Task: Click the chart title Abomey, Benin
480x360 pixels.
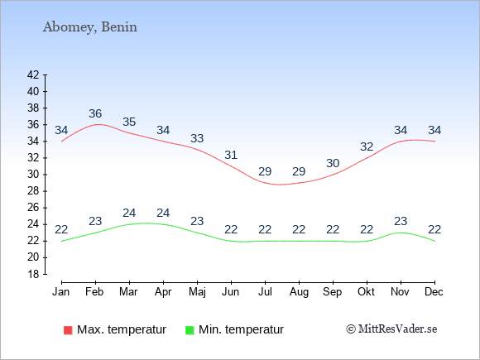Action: [x=90, y=27]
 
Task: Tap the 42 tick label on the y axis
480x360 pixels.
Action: [x=33, y=74]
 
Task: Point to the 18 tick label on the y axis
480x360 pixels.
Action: [x=33, y=274]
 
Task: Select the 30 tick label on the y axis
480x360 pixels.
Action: [x=33, y=175]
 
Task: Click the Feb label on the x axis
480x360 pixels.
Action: [x=94, y=292]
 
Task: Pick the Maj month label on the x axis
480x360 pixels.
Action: [x=197, y=292]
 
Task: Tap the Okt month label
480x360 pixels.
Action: [x=366, y=292]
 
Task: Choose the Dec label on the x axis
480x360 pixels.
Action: [x=434, y=292]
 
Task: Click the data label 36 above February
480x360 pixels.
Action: [x=95, y=114]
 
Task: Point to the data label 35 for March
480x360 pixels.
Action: [x=129, y=122]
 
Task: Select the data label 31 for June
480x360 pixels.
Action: [x=231, y=156]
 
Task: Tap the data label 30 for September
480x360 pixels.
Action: [x=333, y=164]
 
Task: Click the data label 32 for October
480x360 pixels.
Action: [x=367, y=147]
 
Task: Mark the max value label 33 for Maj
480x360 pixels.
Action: [x=197, y=139]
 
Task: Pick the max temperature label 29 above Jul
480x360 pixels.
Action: [x=265, y=172]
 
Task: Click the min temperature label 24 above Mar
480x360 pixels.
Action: [x=129, y=213]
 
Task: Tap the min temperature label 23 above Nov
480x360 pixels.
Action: [x=401, y=221]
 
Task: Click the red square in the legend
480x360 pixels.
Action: [x=68, y=330]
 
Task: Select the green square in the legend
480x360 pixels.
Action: [x=190, y=330]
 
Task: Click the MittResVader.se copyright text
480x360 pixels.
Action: [x=391, y=329]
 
